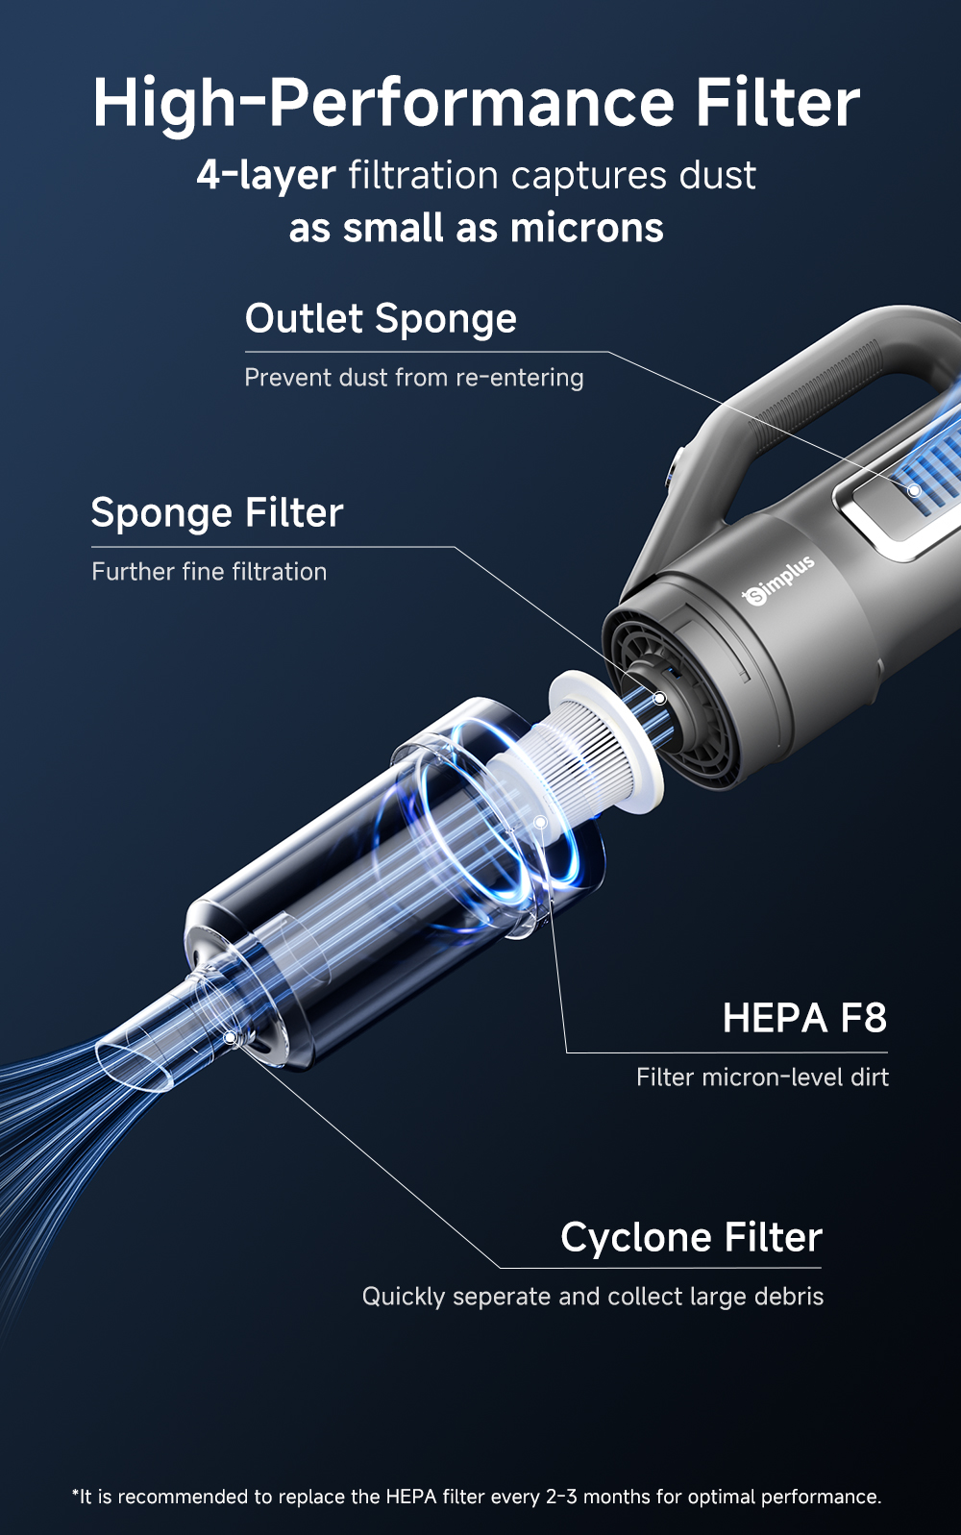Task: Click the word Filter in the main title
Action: (x=777, y=103)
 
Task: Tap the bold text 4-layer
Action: (x=266, y=176)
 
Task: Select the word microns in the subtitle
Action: (x=586, y=229)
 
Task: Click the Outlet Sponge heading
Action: (x=381, y=319)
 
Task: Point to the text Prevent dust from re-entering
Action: (x=413, y=378)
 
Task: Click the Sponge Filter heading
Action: (x=217, y=513)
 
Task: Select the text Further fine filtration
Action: (x=209, y=572)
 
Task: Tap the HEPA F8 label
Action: (x=804, y=1019)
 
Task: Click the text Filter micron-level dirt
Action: (x=762, y=1077)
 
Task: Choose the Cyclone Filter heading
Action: (x=691, y=1238)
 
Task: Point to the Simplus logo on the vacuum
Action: (x=779, y=580)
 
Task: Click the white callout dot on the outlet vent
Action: (x=915, y=490)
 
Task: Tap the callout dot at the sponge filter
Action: (x=659, y=698)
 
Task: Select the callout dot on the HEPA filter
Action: (x=541, y=822)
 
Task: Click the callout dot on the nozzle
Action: (x=230, y=1038)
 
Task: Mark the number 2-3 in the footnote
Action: (x=561, y=1497)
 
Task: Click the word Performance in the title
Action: (x=471, y=103)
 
